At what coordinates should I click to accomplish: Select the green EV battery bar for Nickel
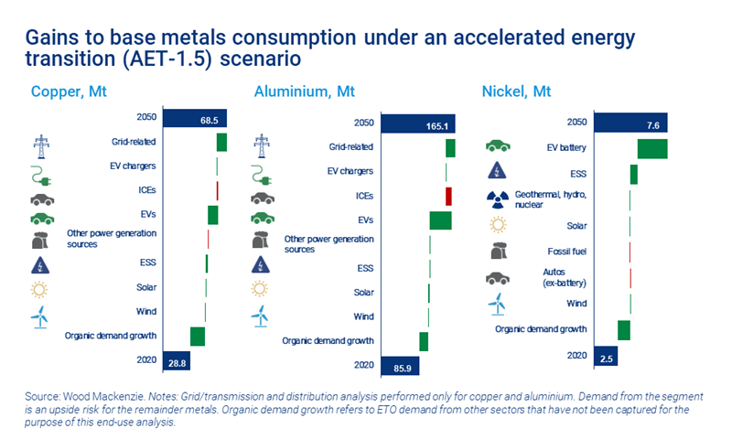coord(652,148)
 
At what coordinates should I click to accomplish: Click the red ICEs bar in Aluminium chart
coord(448,196)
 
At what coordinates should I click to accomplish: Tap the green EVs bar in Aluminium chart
coord(440,220)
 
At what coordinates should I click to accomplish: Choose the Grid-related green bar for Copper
coord(221,142)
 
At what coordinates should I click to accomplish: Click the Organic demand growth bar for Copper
coord(198,336)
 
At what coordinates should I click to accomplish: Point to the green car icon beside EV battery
coord(498,146)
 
